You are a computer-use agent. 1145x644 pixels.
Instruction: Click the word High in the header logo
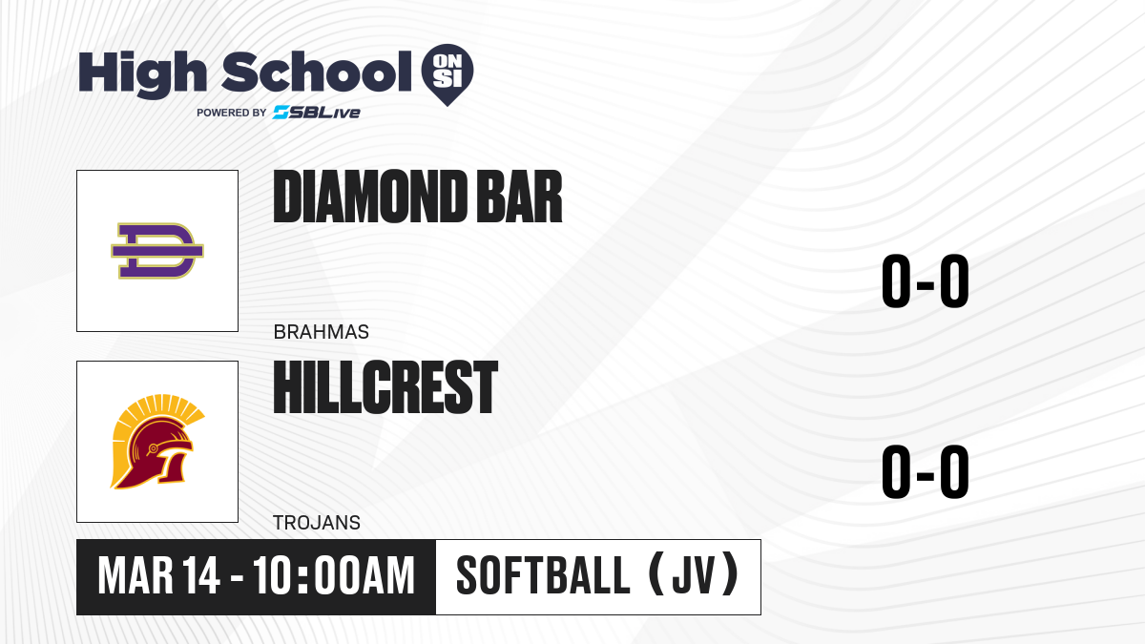142,74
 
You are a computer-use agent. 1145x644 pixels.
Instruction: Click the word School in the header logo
317,72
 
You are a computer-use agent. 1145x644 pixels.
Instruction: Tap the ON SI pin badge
448,74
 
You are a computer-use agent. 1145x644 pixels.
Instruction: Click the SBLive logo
317,113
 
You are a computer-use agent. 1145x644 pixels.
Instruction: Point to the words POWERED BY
232,113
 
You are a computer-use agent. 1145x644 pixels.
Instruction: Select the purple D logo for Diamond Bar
157,250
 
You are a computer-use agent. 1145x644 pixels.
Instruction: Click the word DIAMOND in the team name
370,197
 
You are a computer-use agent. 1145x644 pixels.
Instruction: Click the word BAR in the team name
519,197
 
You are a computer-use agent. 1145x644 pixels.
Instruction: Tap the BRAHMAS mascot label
321,332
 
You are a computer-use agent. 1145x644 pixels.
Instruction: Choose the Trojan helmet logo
157,442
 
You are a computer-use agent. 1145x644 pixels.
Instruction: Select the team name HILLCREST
385,387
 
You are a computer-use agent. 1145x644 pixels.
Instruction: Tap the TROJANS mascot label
317,523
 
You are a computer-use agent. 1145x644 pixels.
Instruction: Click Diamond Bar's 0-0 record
926,280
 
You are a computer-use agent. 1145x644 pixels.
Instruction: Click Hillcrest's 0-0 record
926,471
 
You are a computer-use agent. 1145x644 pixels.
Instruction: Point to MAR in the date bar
135,576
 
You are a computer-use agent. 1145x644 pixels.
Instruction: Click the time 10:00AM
333,576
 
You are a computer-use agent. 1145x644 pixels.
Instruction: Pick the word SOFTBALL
543,575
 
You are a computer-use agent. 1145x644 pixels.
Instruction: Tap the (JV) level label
694,575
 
